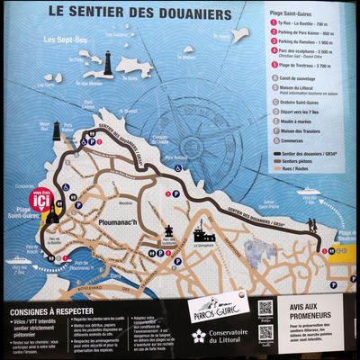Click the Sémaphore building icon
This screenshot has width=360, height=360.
pyautogui.click(x=202, y=237)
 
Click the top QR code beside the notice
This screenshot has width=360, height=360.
pyautogui.click(x=265, y=309)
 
